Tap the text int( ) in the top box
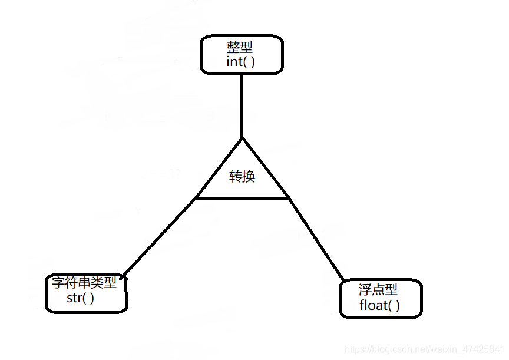(x=241, y=62)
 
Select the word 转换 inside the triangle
(x=242, y=176)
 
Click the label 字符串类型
(x=84, y=283)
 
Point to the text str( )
(x=81, y=298)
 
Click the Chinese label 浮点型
(x=378, y=289)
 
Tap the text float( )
(x=379, y=305)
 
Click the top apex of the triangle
(x=242, y=139)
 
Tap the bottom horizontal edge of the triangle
(x=242, y=199)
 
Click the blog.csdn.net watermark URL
(x=424, y=349)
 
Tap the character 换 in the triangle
(x=248, y=176)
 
